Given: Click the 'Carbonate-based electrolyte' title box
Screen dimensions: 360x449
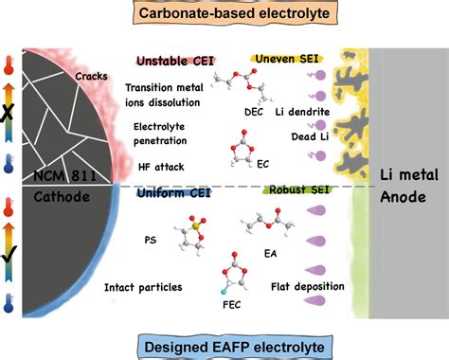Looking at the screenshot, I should click(224, 13).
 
